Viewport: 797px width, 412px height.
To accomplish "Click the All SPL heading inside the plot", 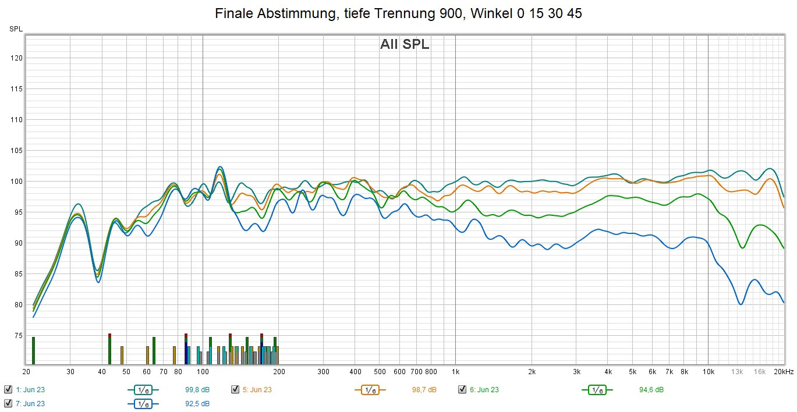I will coord(405,44).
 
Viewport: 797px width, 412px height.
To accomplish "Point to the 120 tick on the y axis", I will coord(17,58).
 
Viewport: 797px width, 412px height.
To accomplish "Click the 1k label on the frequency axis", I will coord(455,372).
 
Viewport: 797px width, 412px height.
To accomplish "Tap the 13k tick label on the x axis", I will coord(738,372).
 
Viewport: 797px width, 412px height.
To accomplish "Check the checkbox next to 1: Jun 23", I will coord(8,390).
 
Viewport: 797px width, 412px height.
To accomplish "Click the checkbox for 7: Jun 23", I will coord(8,403).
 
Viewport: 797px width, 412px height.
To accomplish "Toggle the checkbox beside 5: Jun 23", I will coord(235,390).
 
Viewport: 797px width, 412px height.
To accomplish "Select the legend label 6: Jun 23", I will coord(484,390).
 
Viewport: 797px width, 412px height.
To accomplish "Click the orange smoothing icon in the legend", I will coord(369,390).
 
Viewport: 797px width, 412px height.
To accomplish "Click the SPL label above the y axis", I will coord(16,29).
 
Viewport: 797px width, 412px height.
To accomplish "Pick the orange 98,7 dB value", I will coord(424,390).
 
